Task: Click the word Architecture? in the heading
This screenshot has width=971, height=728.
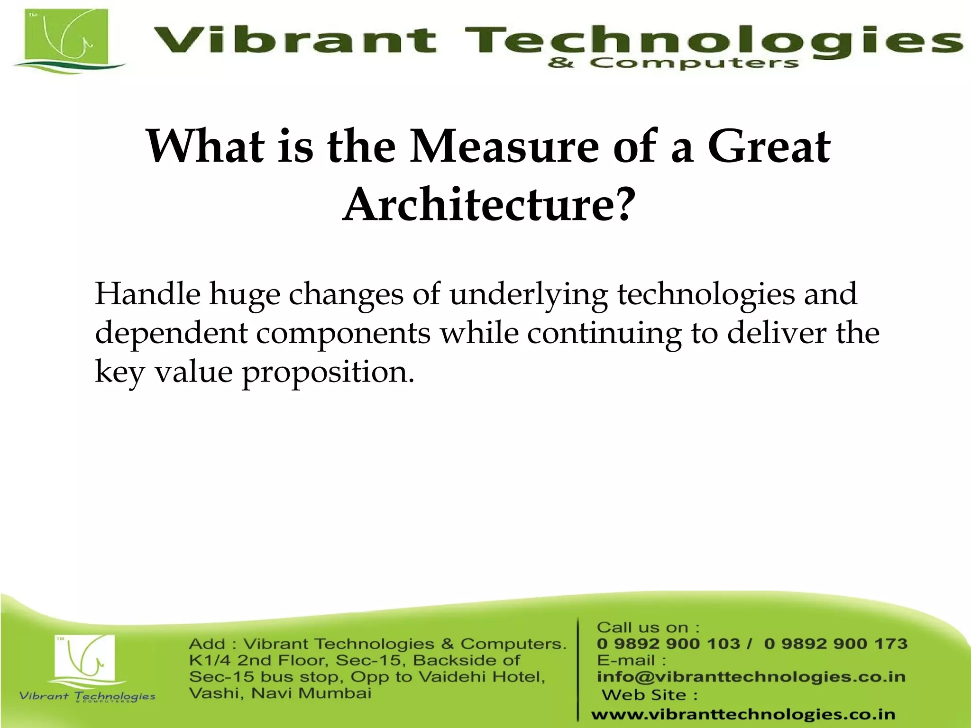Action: coord(488,204)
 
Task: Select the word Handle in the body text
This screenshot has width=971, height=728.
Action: coord(147,294)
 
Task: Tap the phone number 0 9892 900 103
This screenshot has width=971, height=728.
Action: coord(668,644)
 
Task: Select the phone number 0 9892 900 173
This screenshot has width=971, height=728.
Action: coord(835,644)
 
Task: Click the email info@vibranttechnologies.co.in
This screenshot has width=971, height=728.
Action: coord(751,677)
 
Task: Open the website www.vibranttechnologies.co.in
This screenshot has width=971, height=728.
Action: coord(743,714)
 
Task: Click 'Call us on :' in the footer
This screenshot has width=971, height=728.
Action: coord(648,628)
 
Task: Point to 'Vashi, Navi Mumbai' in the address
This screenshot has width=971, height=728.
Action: coord(280,693)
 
